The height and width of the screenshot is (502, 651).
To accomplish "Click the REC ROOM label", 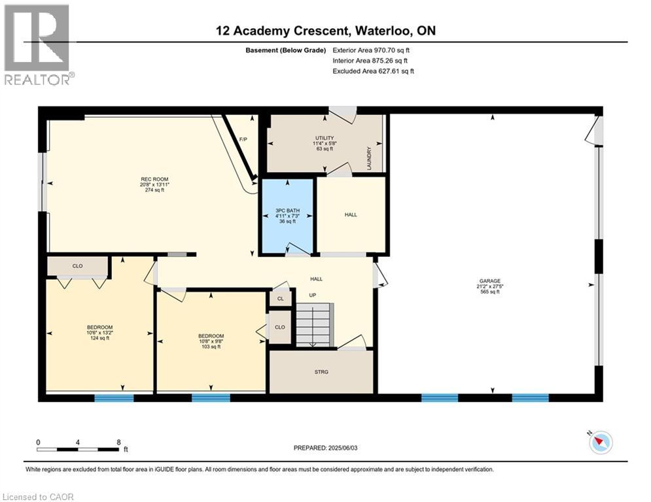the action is coord(154,184).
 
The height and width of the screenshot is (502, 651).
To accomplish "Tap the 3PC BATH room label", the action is coord(287,216).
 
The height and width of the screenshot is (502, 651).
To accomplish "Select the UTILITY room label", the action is coord(325,143).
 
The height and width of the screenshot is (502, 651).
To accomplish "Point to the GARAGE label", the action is coord(490,286).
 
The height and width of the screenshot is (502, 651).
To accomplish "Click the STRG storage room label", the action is coord(321,372).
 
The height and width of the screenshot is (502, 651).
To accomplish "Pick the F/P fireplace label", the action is coord(243,139).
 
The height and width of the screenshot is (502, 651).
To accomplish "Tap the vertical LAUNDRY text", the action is coord(369,158).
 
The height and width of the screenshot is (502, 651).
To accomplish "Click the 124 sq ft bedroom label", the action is coord(99,333).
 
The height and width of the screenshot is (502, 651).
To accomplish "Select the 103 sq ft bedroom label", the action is coord(211,341).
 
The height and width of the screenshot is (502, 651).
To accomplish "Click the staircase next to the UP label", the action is coord(314,325).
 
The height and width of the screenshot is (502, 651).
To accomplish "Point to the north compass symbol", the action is coord(601,443).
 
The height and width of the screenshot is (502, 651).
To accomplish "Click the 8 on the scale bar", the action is coord(118,443).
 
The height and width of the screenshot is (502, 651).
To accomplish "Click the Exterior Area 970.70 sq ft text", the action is coord(371,50).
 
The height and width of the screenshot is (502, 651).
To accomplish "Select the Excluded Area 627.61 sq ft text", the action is coord(373,71).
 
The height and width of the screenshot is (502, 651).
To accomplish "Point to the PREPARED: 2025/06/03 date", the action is coord(326,448).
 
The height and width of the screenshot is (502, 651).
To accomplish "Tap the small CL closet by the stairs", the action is coord(281,299).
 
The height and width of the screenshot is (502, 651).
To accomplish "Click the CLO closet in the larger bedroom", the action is coord(78,266).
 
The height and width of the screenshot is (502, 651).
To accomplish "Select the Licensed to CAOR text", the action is coord(38,497).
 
